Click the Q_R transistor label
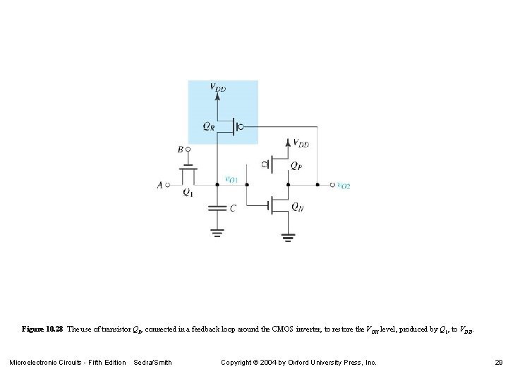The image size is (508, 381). [x=209, y=126]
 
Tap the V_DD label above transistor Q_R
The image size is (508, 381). [x=218, y=87]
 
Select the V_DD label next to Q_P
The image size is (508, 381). [x=301, y=144]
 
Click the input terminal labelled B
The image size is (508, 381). [x=181, y=150]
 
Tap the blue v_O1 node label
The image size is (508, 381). [x=231, y=179]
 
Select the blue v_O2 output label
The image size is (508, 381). [x=344, y=186]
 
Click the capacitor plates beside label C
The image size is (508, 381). [x=217, y=208]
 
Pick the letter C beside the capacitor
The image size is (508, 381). [x=233, y=208]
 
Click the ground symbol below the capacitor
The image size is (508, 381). [x=217, y=230]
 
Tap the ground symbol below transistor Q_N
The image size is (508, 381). [x=287, y=237]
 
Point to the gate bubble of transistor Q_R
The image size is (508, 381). [x=241, y=127]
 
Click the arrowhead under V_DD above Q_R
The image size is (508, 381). [x=217, y=97]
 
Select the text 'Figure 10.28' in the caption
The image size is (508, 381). [x=42, y=329]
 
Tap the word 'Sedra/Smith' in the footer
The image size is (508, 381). [x=152, y=362]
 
